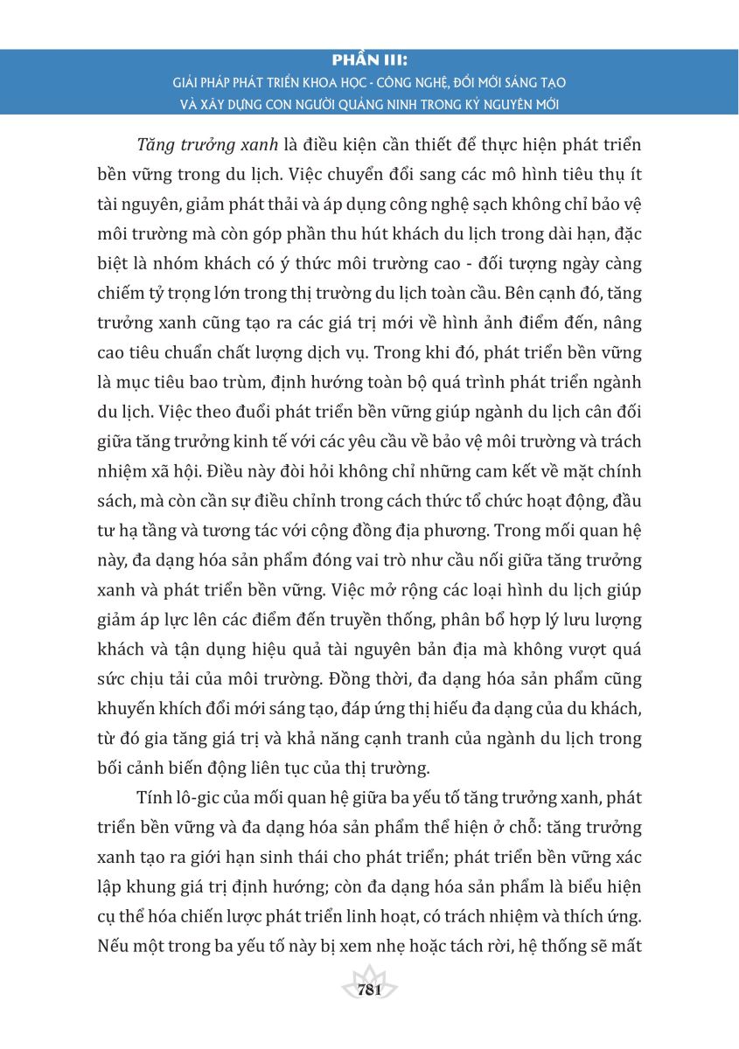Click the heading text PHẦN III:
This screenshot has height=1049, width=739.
click(370, 61)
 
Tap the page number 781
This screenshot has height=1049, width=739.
click(369, 990)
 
